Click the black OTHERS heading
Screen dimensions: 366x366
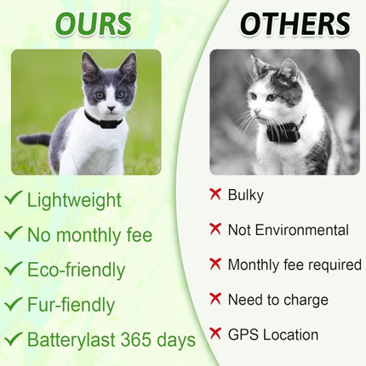tap(294, 23)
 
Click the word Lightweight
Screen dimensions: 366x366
tap(74, 200)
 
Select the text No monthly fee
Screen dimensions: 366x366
tap(89, 235)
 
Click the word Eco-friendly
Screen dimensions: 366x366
tap(76, 270)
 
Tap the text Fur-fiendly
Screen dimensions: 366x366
tap(71, 304)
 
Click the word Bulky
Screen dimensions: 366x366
tap(246, 195)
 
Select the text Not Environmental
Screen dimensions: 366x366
tap(288, 230)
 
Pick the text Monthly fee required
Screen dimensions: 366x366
tap(294, 265)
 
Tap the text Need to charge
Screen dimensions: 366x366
tap(277, 300)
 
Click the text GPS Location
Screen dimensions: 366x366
tap(272, 335)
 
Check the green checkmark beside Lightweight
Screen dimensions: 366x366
tap(13, 199)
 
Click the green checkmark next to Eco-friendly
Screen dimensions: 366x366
tap(13, 269)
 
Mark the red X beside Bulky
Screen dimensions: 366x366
tap(215, 194)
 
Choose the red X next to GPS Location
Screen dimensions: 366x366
tap(215, 334)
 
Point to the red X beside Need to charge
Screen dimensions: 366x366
tap(215, 299)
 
